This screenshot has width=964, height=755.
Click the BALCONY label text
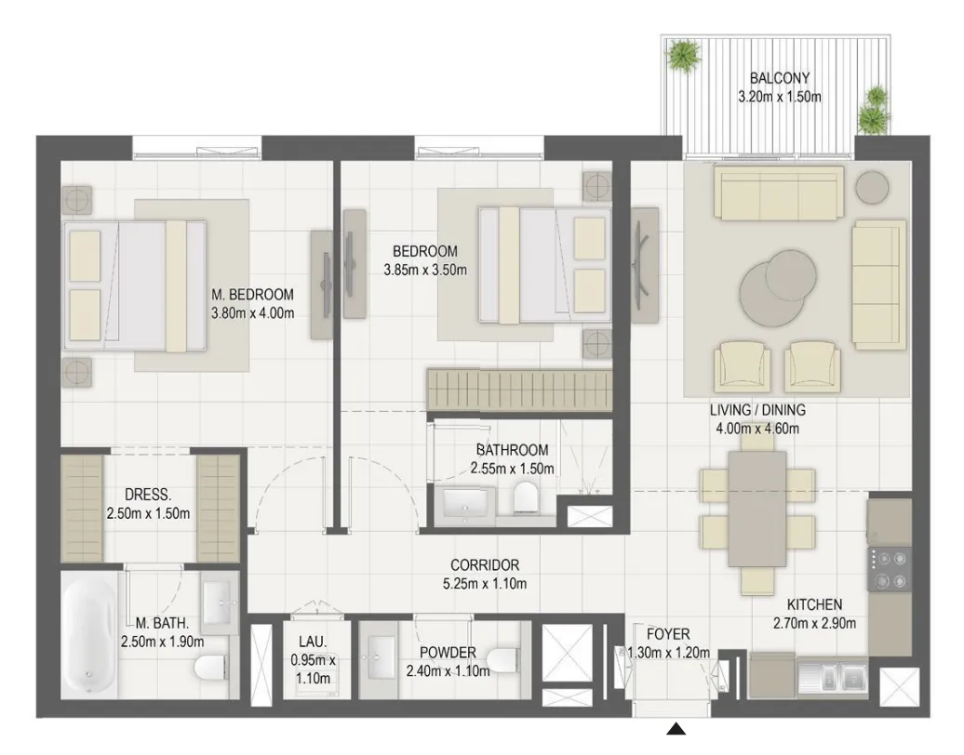(x=779, y=78)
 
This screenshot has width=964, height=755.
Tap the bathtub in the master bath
(x=89, y=635)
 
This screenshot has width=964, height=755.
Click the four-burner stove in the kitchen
(x=889, y=569)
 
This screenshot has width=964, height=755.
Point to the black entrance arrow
(x=676, y=729)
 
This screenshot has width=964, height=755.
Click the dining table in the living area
(x=756, y=509)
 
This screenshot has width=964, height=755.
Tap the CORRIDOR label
(x=485, y=564)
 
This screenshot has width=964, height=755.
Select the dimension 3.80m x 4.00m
(x=253, y=312)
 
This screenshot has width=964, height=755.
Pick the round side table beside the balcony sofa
(x=872, y=187)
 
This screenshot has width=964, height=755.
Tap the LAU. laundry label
(x=313, y=642)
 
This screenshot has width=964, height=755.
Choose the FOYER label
(x=668, y=634)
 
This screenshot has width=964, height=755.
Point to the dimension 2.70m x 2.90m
(x=814, y=624)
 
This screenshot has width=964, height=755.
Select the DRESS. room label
(x=148, y=495)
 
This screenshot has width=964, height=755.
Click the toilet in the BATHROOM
(x=525, y=497)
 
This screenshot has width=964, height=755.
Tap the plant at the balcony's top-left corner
(x=684, y=55)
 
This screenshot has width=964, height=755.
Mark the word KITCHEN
(x=814, y=604)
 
